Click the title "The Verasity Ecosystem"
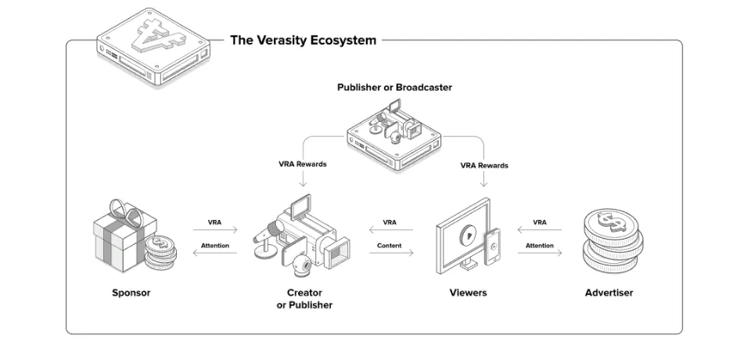tap(304, 40)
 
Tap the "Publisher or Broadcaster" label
tap(394, 87)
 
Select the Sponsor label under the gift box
tap(131, 293)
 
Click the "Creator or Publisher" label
tap(304, 299)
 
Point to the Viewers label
tap(468, 293)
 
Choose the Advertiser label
tap(609, 293)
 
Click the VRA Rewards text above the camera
tap(303, 164)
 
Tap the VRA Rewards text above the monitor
tap(484, 165)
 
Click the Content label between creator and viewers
tap(390, 246)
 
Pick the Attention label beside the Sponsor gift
tap(215, 246)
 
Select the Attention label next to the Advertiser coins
tap(540, 246)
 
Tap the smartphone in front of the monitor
tap(492, 247)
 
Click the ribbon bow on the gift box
tap(127, 213)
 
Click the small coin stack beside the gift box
tap(160, 253)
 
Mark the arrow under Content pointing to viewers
tap(391, 253)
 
